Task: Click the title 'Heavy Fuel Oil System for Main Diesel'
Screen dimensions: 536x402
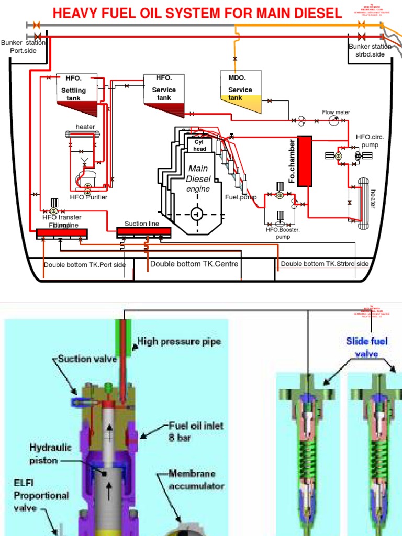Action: click(x=197, y=13)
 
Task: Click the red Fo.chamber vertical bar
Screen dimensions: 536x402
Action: click(x=304, y=161)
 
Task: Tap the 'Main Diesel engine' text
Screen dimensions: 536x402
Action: click(x=198, y=178)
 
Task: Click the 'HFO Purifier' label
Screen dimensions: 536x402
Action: click(x=88, y=197)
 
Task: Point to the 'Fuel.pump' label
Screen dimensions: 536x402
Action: click(x=239, y=197)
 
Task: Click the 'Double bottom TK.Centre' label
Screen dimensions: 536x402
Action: click(x=194, y=264)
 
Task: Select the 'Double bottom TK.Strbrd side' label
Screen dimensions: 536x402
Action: click(x=325, y=264)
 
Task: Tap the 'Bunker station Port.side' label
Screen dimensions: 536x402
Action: click(x=23, y=47)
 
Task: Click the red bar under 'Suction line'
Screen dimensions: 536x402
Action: click(x=143, y=231)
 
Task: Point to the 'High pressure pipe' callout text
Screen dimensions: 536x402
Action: click(x=179, y=342)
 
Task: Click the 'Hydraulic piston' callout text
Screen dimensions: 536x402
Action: click(x=50, y=454)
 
